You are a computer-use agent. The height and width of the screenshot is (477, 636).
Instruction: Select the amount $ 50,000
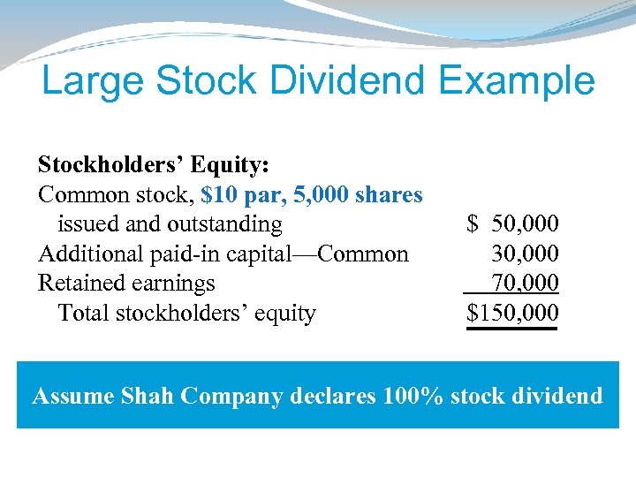point(513,224)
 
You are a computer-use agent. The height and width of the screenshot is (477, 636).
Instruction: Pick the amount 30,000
point(525,254)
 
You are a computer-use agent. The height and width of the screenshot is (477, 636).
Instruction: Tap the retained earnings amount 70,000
point(525,284)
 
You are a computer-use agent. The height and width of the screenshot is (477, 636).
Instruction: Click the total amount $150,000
point(513,313)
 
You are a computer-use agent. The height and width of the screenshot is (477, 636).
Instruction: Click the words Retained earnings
point(126,284)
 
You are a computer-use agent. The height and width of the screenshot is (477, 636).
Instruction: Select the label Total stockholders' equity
point(186,313)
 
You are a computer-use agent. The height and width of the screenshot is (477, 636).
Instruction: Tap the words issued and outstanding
point(170,224)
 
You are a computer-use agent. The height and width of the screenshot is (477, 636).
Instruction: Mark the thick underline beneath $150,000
point(513,329)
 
